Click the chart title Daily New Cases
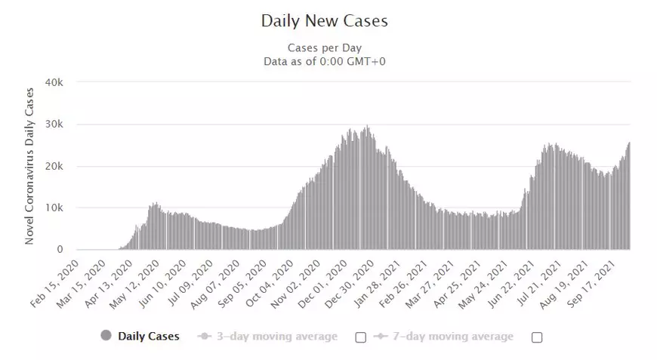[324, 21]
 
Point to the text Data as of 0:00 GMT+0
[324, 61]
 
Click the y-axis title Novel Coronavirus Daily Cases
[30, 166]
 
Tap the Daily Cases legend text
[149, 337]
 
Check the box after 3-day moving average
[360, 337]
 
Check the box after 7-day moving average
[537, 337]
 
